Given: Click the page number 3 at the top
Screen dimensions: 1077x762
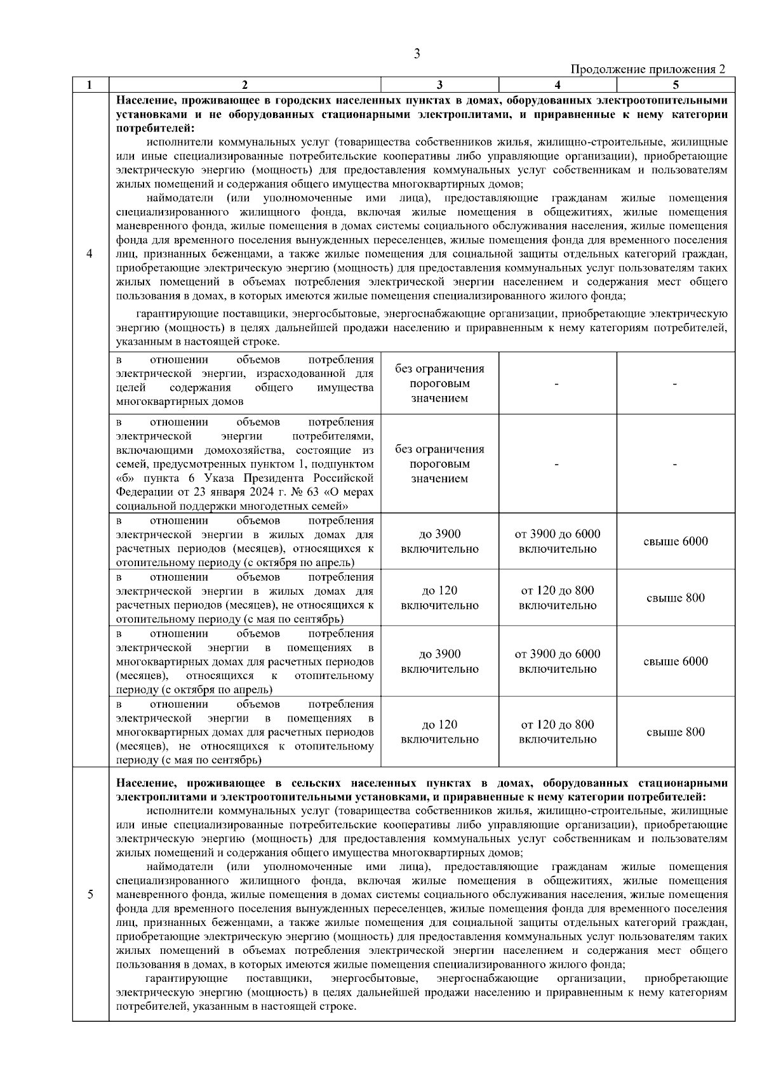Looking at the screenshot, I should tap(417, 54).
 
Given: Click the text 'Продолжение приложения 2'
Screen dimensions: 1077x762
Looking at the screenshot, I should tap(648, 69).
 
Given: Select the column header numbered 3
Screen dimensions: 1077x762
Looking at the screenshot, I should tap(439, 84).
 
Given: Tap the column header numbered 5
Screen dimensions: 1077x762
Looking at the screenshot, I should tap(676, 84).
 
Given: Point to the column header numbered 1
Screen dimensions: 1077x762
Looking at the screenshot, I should tap(90, 84).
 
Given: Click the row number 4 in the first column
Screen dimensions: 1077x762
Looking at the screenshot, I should tap(90, 254).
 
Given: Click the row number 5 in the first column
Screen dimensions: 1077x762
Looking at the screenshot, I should tap(90, 894).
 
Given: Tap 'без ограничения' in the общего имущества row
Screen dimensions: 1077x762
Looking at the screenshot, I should tap(439, 369).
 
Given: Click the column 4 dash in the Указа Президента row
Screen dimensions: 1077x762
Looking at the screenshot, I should tap(557, 465).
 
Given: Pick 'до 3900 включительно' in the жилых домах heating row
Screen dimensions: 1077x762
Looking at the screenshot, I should tap(439, 541).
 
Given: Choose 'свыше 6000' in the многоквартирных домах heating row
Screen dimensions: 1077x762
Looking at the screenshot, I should tap(676, 661).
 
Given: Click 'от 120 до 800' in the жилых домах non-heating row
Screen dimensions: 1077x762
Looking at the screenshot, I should tap(557, 591).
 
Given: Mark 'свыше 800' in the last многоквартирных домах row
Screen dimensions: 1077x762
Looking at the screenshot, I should tap(676, 732).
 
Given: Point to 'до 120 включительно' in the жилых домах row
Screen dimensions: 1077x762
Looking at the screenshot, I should tap(439, 598).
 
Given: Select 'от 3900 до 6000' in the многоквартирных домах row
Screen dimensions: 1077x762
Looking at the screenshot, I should tap(557, 654).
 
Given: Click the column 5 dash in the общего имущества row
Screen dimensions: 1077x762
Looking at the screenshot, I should tap(676, 384).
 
